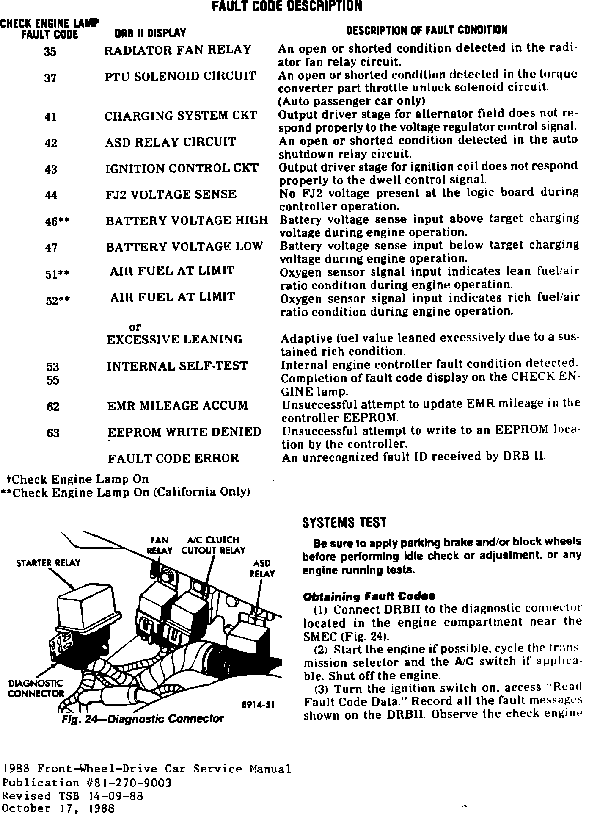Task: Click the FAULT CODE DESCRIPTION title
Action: tap(286, 6)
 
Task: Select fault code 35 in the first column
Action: tap(50, 52)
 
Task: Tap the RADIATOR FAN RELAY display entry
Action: tap(178, 50)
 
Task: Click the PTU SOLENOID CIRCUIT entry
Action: tap(180, 76)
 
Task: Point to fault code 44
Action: tap(51, 196)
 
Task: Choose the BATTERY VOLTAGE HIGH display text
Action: tap(187, 221)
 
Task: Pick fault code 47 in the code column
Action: tap(51, 248)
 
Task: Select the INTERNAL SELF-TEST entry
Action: tap(177, 366)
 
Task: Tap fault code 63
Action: tap(53, 433)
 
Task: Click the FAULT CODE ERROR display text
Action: tap(173, 459)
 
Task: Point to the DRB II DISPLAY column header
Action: tap(150, 33)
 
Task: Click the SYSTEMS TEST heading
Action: tap(344, 523)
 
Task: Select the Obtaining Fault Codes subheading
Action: tap(369, 597)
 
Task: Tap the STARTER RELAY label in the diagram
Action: tap(48, 563)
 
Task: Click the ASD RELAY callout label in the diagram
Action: tap(262, 569)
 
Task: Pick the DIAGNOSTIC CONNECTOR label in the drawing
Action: tap(36, 688)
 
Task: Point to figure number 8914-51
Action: tap(258, 705)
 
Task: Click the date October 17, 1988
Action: tap(58, 808)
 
